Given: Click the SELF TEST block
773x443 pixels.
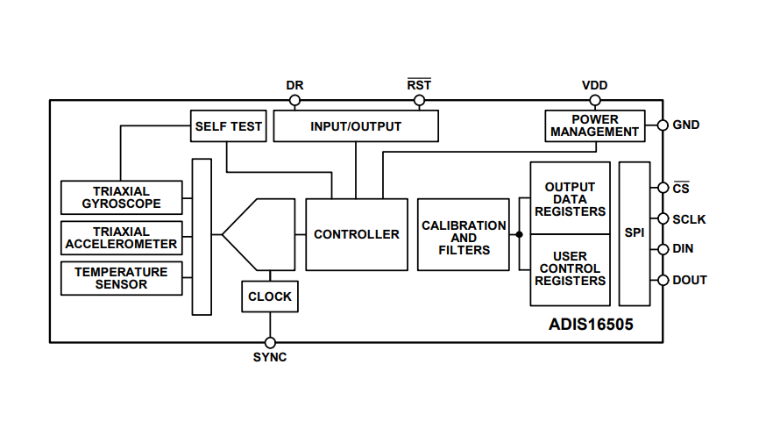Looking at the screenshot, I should (228, 126).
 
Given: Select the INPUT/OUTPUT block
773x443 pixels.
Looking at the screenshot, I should (355, 126).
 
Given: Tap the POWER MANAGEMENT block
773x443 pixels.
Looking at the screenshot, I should (594, 125).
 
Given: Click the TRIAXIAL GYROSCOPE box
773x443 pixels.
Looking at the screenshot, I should (122, 197).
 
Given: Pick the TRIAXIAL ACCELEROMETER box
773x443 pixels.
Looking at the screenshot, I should (122, 238).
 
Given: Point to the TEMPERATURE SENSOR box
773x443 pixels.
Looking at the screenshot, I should (122, 278).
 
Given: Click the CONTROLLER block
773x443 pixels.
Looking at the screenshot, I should (356, 234).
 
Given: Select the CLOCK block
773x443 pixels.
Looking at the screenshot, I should (269, 297).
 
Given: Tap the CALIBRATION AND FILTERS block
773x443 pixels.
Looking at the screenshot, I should (464, 234).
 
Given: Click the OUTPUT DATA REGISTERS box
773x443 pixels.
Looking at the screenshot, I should (570, 198).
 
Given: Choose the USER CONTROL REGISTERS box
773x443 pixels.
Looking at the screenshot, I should (570, 269).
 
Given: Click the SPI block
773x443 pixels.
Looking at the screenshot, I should (634, 233).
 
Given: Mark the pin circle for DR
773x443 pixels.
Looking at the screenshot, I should (294, 101).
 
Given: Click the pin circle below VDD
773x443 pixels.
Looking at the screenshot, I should (594, 101).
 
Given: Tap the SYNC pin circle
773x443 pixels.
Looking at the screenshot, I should (270, 342).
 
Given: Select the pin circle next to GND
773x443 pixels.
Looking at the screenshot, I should (663, 125).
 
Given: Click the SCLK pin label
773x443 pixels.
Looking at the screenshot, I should (689, 219).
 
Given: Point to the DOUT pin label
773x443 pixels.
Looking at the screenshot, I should (689, 280).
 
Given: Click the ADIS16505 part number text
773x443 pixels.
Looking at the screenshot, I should (591, 324).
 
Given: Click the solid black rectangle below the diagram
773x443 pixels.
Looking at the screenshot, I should (375, 388).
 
